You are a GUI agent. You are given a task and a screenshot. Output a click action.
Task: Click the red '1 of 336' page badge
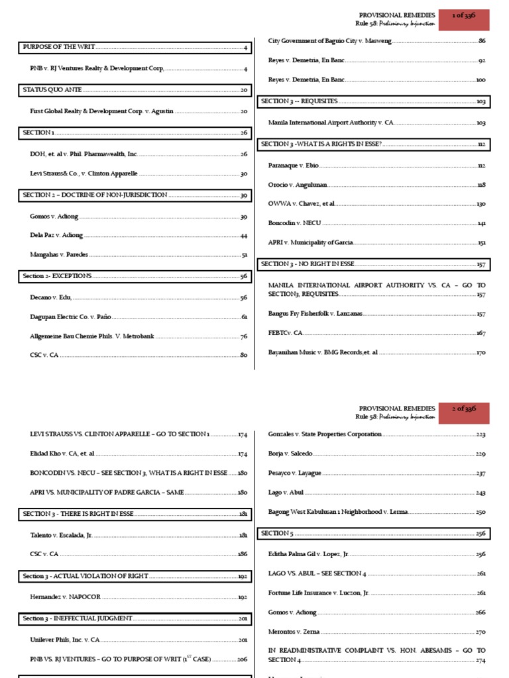point(467,19)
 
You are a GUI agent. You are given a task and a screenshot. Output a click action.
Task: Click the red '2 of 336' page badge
point(467,413)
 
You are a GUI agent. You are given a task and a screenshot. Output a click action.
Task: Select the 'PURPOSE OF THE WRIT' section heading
point(60,48)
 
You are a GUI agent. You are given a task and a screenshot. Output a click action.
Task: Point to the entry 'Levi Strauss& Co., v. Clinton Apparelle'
point(84,174)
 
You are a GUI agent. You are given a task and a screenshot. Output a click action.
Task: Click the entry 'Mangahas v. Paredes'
point(59,254)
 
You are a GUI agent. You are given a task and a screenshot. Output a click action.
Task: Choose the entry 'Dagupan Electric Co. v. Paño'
point(72,317)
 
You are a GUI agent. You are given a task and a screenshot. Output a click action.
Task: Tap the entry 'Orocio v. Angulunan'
point(298,185)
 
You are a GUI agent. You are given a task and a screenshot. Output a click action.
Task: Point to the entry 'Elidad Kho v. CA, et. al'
point(62,454)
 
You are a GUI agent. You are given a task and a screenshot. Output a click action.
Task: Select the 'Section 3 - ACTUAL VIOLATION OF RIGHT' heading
point(85,577)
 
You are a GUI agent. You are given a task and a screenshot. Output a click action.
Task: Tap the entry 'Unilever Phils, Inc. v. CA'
point(65,640)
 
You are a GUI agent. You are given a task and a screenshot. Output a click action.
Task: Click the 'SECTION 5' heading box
point(276,533)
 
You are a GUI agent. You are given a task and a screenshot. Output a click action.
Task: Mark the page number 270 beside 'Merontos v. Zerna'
point(481,632)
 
